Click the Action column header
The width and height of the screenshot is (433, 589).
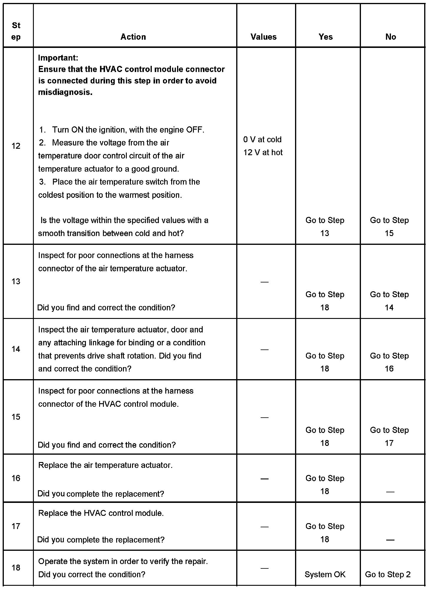pyautogui.click(x=133, y=37)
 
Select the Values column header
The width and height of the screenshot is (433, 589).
pyautogui.click(x=264, y=37)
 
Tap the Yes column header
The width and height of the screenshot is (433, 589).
pyautogui.click(x=326, y=37)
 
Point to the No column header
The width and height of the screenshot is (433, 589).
pyautogui.click(x=391, y=37)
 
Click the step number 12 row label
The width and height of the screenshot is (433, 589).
pyautogui.click(x=16, y=146)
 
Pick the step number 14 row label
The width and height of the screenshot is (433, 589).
pyautogui.click(x=16, y=349)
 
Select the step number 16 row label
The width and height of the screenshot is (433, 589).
pyautogui.click(x=16, y=478)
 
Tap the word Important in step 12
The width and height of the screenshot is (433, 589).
pyautogui.click(x=58, y=58)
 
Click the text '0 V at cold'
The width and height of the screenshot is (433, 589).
pyautogui.click(x=262, y=139)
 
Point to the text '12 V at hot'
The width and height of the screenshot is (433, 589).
pyautogui.click(x=263, y=152)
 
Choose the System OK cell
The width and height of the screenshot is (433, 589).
pyautogui.click(x=325, y=574)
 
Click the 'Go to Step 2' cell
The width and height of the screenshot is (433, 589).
pyautogui.click(x=388, y=574)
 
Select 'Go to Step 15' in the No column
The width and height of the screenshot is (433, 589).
pyautogui.click(x=389, y=227)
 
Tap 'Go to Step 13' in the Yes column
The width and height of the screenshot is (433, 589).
pyautogui.click(x=325, y=227)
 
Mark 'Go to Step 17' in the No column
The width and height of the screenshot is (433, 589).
pyautogui.click(x=389, y=436)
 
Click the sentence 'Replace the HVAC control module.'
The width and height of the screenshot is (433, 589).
pyautogui.click(x=101, y=513)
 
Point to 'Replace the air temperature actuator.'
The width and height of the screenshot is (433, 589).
pyautogui.click(x=105, y=465)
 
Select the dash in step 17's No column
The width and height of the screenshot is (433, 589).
pyautogui.click(x=390, y=540)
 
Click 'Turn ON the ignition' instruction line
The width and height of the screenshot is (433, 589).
pyautogui.click(x=128, y=130)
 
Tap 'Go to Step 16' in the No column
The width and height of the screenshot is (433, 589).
pyautogui.click(x=389, y=362)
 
